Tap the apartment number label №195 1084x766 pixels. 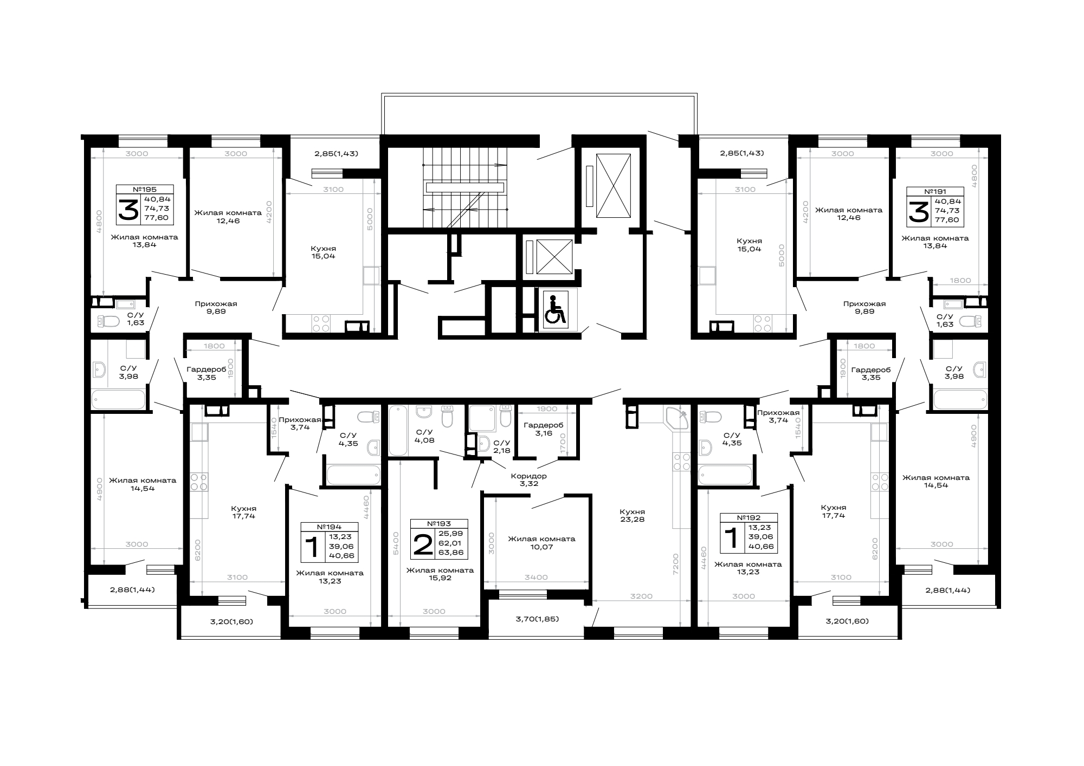145,190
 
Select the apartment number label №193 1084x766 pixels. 439,524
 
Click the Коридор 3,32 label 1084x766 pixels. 529,480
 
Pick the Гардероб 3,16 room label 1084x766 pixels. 544,429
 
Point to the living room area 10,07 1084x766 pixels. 541,547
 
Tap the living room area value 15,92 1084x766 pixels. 440,578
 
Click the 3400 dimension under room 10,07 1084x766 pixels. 537,577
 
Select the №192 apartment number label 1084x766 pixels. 749,517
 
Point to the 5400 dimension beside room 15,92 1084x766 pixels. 396,542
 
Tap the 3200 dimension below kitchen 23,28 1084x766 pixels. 642,596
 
